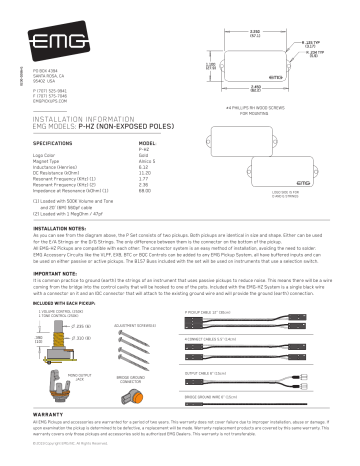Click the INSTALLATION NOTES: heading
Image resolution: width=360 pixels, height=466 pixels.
(x=42, y=228)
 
